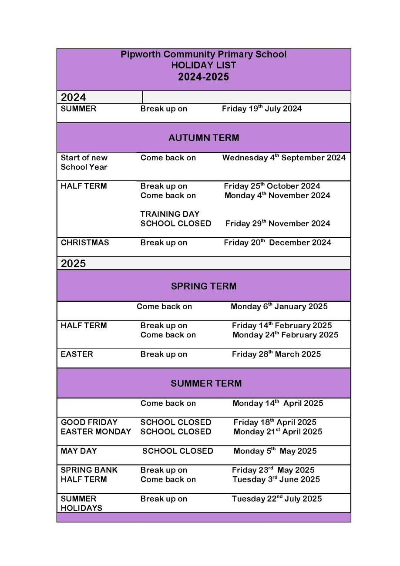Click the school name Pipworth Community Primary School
coord(203,54)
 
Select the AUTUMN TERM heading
coord(203,138)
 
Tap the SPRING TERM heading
coord(203,286)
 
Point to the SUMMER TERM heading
coord(206,384)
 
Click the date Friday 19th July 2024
coord(262,109)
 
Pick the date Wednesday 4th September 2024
coord(284,158)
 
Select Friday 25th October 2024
coord(272,186)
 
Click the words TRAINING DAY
coord(170,214)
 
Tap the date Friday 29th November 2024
coord(278,224)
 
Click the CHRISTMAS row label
coord(85,243)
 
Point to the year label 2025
coord(73,263)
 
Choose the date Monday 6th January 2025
coord(279,307)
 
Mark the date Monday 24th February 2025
coord(285,335)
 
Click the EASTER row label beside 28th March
coord(77,354)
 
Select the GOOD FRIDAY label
coord(89,422)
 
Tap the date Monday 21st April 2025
coord(278,432)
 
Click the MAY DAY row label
coord(79,451)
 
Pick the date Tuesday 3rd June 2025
coord(276,480)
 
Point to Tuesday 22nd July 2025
coord(277,499)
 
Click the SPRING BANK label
coord(89,470)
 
